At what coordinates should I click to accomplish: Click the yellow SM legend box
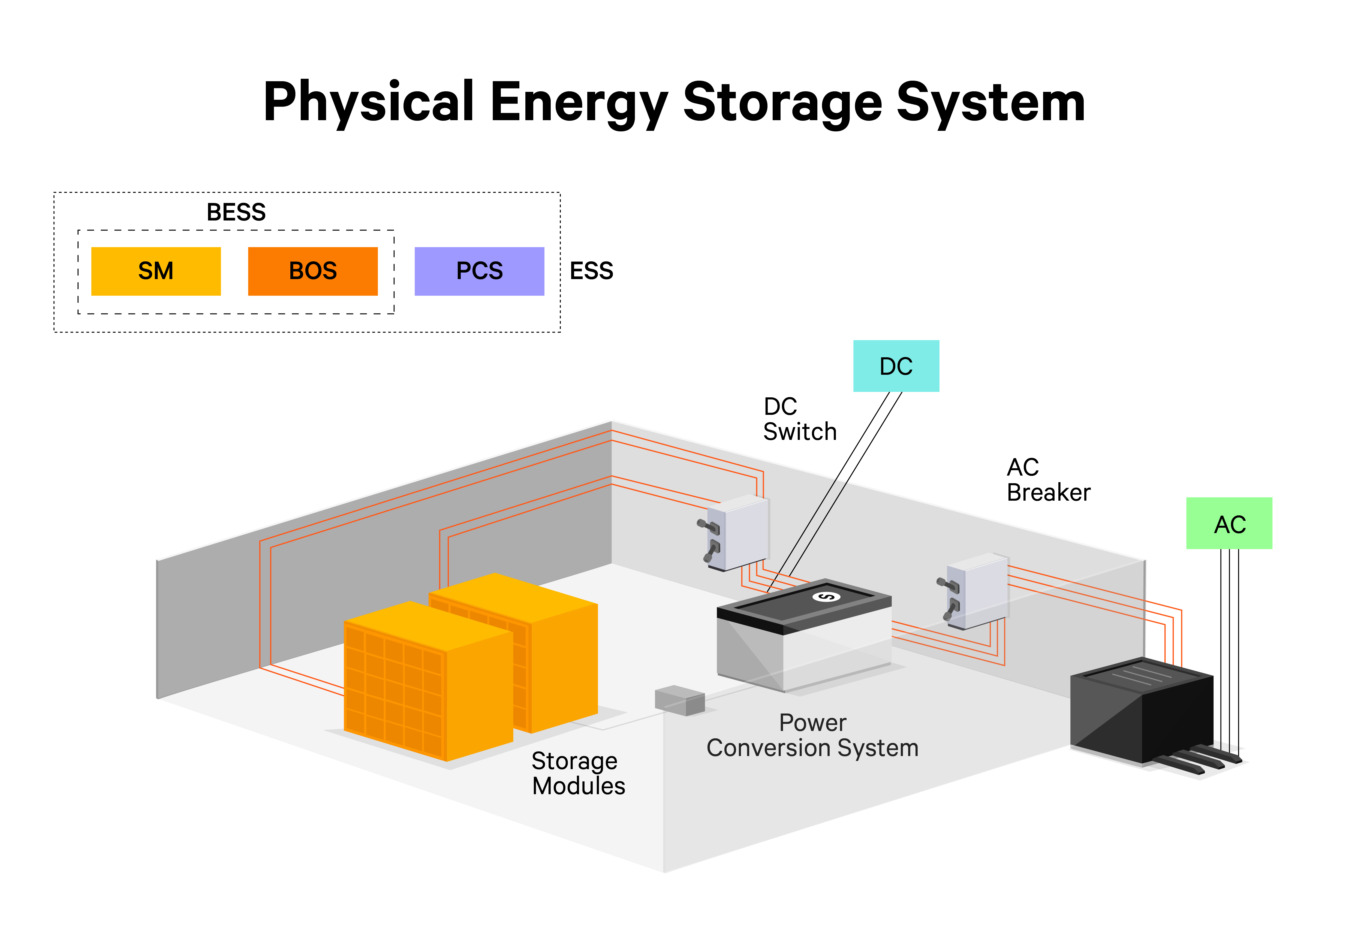click(156, 271)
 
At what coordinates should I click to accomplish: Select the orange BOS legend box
click(312, 271)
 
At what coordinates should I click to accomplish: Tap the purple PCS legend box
click(479, 271)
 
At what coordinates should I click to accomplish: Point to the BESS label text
click(236, 212)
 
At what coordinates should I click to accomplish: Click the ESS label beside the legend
click(591, 271)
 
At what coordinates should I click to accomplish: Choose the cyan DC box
click(895, 366)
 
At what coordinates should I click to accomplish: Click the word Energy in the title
click(578, 103)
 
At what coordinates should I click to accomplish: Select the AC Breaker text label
click(1047, 480)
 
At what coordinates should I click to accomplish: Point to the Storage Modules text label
click(578, 773)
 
